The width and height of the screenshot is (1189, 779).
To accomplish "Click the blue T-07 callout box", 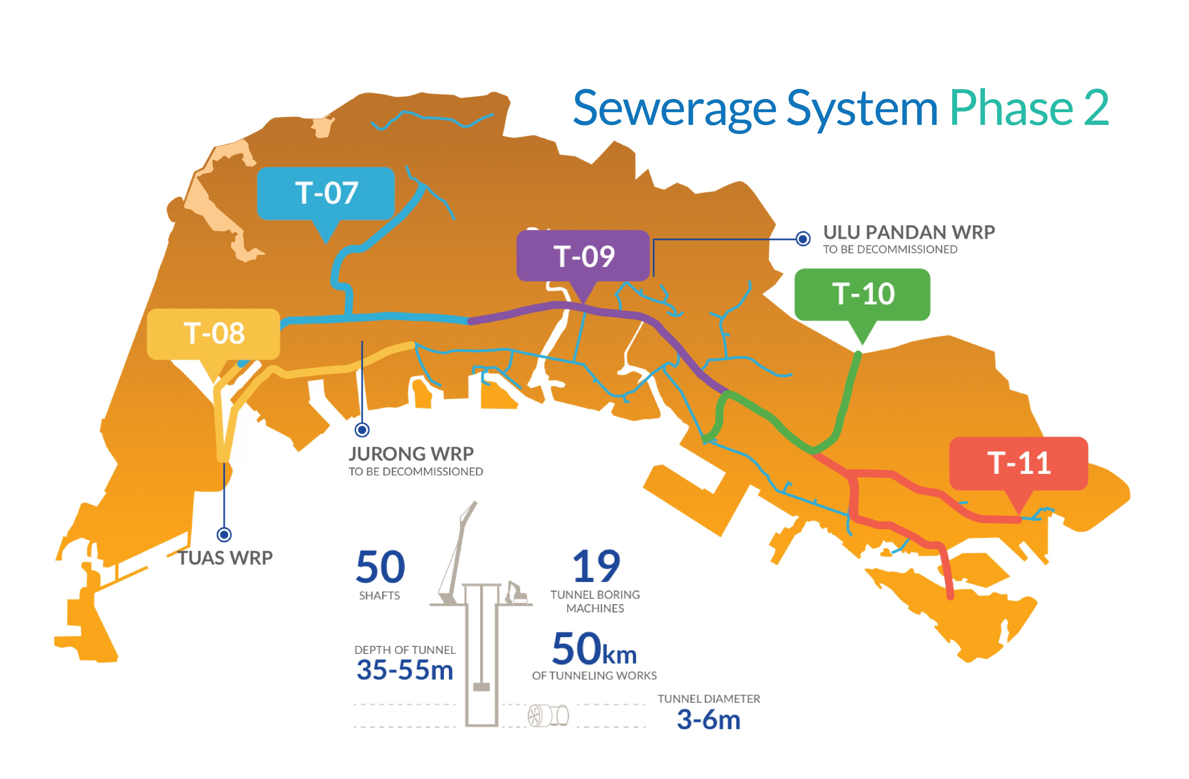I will [x=326, y=193].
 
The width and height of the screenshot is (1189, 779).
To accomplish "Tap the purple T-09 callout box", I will [x=583, y=256].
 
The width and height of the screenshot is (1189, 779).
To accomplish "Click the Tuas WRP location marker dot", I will [x=224, y=535].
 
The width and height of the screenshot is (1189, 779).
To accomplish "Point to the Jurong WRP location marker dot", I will [x=362, y=429].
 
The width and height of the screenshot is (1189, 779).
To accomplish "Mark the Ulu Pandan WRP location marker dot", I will [x=803, y=239].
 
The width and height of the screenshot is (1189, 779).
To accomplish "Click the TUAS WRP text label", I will [x=225, y=558].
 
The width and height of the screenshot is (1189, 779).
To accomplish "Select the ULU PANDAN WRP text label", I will [x=909, y=232].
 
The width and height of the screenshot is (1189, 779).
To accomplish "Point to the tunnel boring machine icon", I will [x=548, y=715].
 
